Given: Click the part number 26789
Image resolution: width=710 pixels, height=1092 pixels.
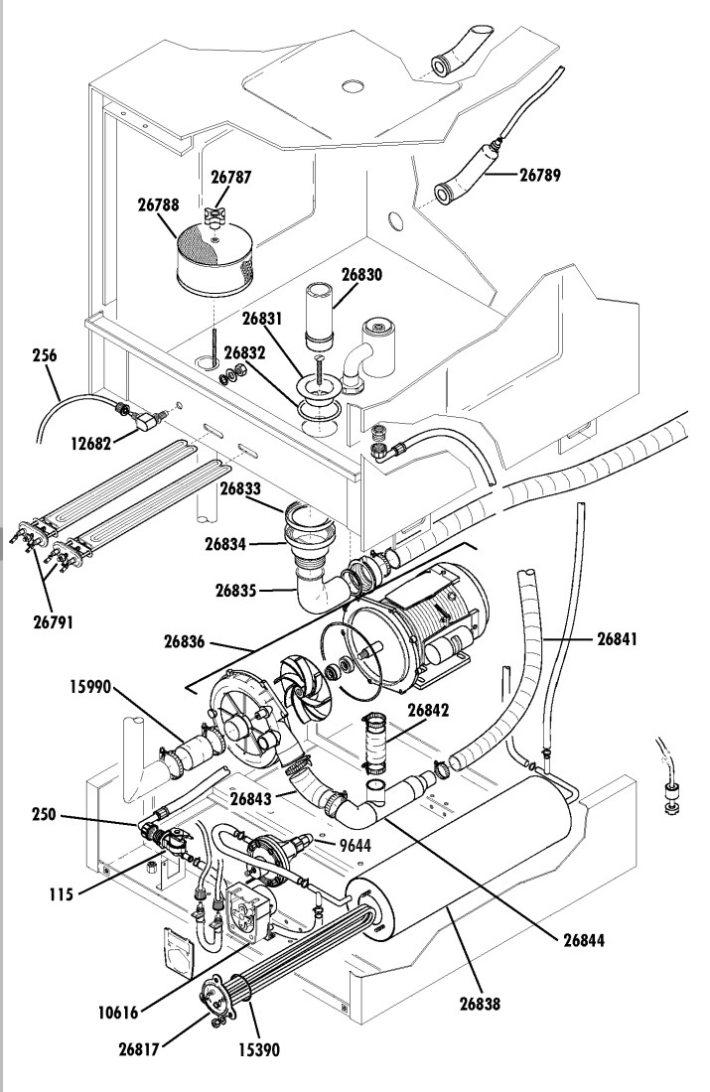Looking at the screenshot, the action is click(x=540, y=174).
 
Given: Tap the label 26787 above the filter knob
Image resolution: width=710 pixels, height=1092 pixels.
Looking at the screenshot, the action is click(x=231, y=177).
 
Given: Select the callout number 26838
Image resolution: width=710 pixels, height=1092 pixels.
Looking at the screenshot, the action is click(x=480, y=1004).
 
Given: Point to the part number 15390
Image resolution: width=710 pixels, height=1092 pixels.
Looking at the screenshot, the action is click(x=259, y=1049).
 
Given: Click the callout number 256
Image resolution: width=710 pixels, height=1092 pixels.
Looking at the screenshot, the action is click(x=45, y=355).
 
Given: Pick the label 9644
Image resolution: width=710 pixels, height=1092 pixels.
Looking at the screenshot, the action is click(x=355, y=846).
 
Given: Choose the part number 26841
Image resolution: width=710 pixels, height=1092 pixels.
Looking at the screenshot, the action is click(x=618, y=638).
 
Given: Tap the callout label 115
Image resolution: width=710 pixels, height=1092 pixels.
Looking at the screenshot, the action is click(x=62, y=894).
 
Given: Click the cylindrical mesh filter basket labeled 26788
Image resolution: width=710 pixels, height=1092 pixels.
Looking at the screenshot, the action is click(x=213, y=258).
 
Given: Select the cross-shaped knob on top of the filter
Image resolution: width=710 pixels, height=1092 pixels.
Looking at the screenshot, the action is click(x=214, y=215).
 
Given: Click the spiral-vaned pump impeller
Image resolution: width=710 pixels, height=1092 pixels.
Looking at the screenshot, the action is click(x=305, y=691).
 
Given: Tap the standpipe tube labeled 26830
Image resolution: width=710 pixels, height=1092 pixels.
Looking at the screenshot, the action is click(x=320, y=316).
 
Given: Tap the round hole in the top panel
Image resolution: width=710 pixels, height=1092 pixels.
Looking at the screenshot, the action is click(x=354, y=86).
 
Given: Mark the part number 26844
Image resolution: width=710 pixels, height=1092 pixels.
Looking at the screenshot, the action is click(x=584, y=940).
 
